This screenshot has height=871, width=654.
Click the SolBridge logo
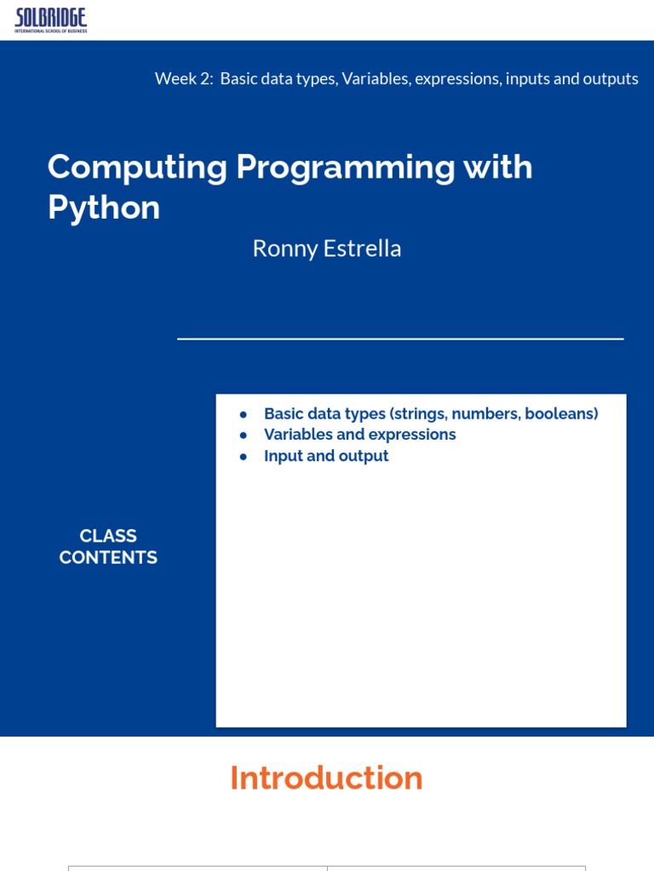coord(50,20)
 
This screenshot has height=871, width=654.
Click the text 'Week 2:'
coord(184,78)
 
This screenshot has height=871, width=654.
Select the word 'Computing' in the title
coord(137,168)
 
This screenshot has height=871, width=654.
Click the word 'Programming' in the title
coord(346,168)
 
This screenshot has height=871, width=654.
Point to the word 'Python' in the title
coord(104,208)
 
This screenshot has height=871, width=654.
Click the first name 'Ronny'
coord(284,249)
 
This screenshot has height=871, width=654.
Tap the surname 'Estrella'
coord(362,248)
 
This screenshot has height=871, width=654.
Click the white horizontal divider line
coord(400,339)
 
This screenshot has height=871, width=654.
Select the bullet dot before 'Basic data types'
coord(243,414)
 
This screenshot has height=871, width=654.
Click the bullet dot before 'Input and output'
coord(243,457)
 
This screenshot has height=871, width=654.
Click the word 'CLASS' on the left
coord(108,536)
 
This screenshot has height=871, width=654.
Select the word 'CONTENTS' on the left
coord(108,557)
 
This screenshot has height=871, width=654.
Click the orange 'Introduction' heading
coord(326,777)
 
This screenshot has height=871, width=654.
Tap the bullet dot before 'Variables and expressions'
coord(243,435)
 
